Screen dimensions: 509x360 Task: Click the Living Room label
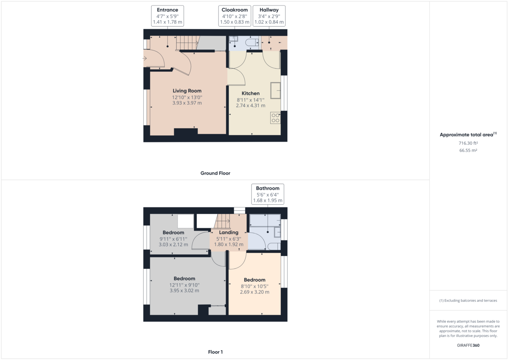tap(187, 91)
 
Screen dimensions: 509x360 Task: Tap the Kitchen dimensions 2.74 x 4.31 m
tap(251, 106)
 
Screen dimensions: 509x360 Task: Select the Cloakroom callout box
tap(235, 16)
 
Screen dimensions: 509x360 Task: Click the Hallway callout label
tap(269, 10)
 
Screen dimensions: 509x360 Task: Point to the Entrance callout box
tap(168, 16)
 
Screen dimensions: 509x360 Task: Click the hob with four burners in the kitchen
tap(275, 118)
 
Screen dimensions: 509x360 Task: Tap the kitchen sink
tap(275, 90)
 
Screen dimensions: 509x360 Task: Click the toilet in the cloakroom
tap(253, 42)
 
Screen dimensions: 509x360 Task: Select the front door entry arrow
tap(145, 59)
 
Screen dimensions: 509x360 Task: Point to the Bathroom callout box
tap(268, 194)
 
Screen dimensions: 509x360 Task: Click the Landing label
tap(229, 232)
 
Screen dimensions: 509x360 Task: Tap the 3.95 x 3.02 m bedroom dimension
tap(184, 291)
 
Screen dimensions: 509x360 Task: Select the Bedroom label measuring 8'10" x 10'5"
tap(255, 280)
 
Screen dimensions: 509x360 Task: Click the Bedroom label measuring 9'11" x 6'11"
tap(173, 233)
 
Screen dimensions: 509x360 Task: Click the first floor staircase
tap(222, 221)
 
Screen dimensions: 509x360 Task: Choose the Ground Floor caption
tap(215, 173)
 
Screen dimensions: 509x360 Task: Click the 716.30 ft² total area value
tap(468, 143)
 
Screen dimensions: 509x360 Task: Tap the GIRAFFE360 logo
tap(468, 346)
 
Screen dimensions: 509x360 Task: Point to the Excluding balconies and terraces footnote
tap(468, 301)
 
